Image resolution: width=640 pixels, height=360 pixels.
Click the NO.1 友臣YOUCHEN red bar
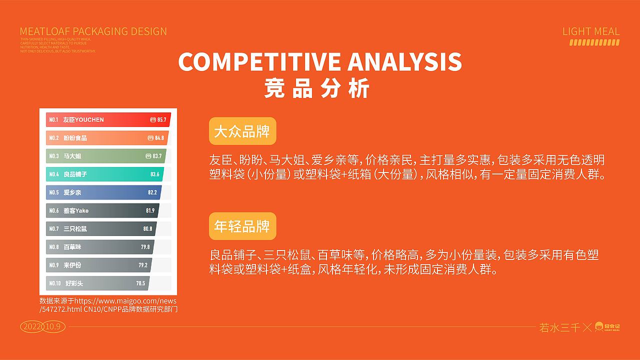coord(108,120)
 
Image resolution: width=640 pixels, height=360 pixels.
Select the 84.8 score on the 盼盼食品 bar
coord(159,138)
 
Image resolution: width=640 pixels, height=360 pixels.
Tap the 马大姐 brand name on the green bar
coord(72,156)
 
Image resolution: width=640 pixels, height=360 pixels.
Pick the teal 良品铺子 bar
coord(105,174)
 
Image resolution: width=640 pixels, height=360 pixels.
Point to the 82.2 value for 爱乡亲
coord(152,192)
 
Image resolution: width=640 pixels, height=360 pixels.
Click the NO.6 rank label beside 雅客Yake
coord(54,210)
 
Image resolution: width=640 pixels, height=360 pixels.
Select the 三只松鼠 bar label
coord(75,228)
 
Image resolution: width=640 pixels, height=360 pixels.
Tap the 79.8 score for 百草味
coord(145,246)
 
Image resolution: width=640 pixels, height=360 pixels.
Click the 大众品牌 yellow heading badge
coord(242,132)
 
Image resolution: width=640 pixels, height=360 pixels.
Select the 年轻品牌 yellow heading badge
coord(242,227)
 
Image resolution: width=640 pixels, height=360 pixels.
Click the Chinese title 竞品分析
coord(317,88)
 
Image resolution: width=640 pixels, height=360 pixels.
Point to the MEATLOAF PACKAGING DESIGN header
coord(93,31)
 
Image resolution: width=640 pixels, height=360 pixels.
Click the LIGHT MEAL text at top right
coord(590,31)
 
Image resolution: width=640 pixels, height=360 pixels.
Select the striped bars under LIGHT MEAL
coord(594,42)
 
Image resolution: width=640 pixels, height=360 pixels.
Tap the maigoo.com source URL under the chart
coord(108,305)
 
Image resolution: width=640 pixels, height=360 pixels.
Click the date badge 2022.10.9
coord(42,326)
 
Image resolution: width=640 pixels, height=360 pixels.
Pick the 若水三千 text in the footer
coord(559,328)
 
